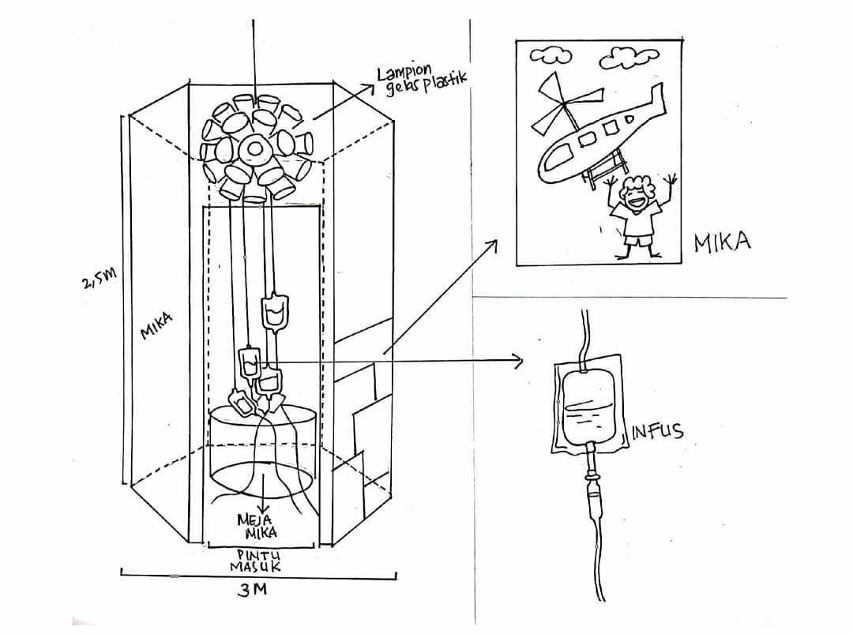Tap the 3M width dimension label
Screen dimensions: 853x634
(253, 590)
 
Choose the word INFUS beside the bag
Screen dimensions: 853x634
(656, 431)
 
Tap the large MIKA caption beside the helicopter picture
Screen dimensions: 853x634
(723, 242)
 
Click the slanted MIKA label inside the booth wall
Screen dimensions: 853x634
(156, 325)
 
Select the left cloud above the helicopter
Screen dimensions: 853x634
(550, 54)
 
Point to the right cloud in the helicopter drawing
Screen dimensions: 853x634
(629, 58)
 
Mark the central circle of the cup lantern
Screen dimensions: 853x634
(252, 148)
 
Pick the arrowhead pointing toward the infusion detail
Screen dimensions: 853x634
(518, 360)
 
